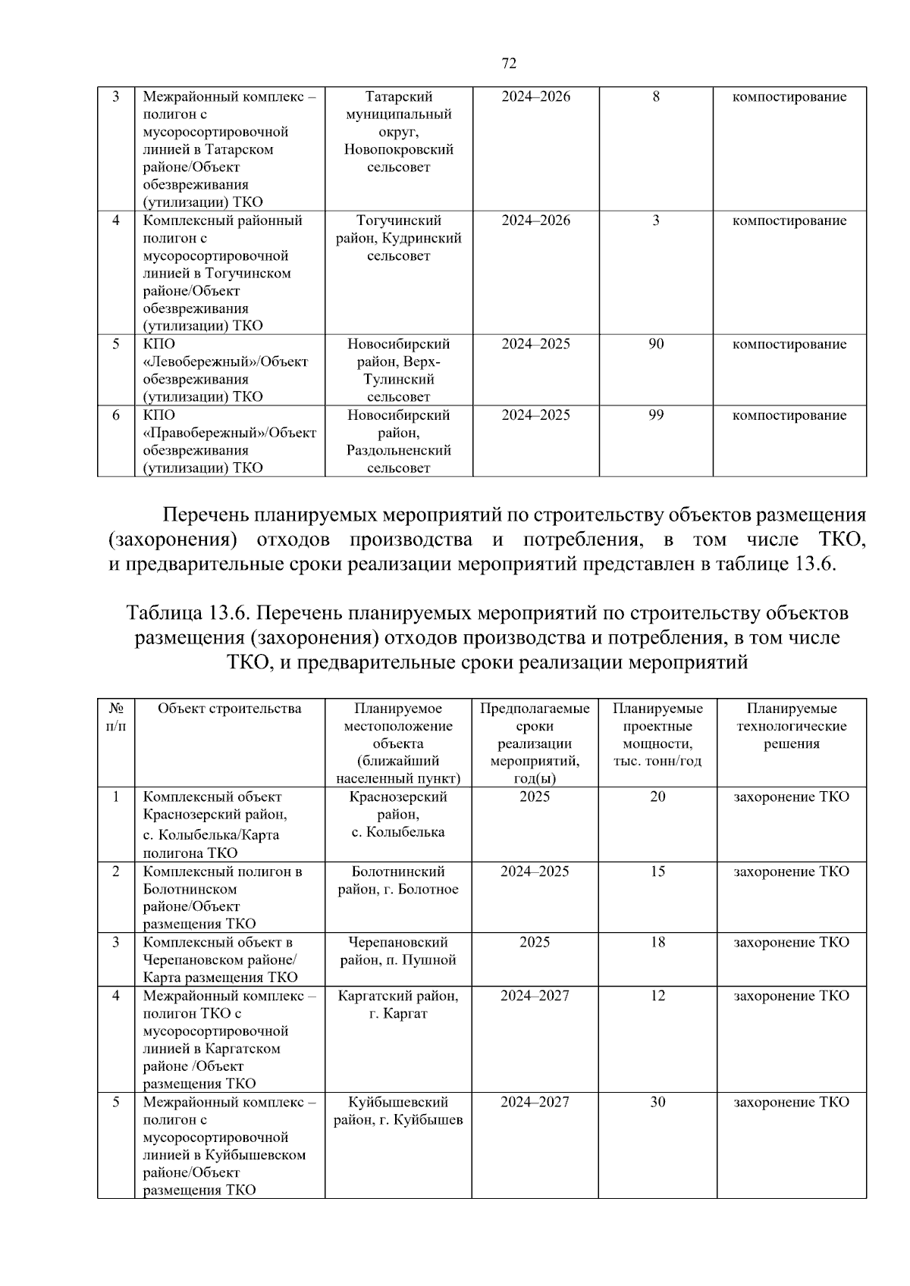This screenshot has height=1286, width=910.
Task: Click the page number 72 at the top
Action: pyautogui.click(x=509, y=64)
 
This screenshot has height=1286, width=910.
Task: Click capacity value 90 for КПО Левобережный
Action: pyautogui.click(x=656, y=344)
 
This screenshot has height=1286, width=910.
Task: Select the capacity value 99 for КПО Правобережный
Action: pyautogui.click(x=656, y=415)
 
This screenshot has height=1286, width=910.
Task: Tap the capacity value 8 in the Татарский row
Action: pyautogui.click(x=656, y=97)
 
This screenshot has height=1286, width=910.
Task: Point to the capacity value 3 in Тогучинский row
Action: pyautogui.click(x=656, y=221)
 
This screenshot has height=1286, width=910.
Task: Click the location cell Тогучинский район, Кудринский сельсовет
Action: pyautogui.click(x=399, y=238)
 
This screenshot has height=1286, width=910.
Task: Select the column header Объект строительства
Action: pyautogui.click(x=229, y=709)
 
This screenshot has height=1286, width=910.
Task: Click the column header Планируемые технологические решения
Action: pyautogui.click(x=791, y=726)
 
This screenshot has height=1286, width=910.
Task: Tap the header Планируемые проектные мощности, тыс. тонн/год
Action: pyautogui.click(x=657, y=734)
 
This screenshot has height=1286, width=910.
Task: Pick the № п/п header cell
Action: pyautogui.click(x=116, y=717)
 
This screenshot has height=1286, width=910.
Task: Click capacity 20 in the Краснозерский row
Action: pyautogui.click(x=657, y=796)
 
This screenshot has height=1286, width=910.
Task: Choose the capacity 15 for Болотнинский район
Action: pyautogui.click(x=657, y=871)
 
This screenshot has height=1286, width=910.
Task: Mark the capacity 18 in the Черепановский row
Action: pyautogui.click(x=657, y=942)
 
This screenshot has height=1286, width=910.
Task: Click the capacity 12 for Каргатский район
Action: pyautogui.click(x=657, y=996)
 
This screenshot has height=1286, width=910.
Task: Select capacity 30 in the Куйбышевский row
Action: pyautogui.click(x=657, y=1102)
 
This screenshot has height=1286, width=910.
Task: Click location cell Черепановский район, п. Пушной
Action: pyautogui.click(x=398, y=951)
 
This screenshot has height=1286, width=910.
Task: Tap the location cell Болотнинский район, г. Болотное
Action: pyautogui.click(x=398, y=881)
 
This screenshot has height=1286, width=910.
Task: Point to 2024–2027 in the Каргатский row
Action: pyautogui.click(x=535, y=996)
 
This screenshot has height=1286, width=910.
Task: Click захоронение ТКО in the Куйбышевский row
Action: pyautogui.click(x=791, y=1102)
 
